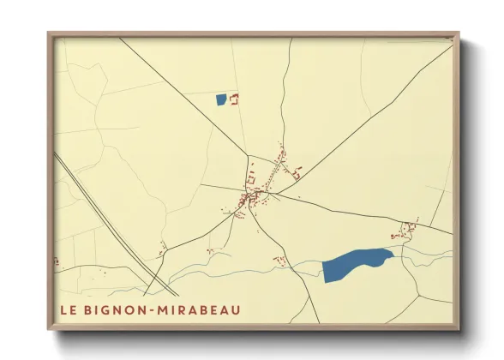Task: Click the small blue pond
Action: (x=222, y=99)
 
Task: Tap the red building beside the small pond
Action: (x=234, y=99)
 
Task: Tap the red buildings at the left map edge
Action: (x=57, y=261)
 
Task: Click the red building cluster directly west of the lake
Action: (x=279, y=259)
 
